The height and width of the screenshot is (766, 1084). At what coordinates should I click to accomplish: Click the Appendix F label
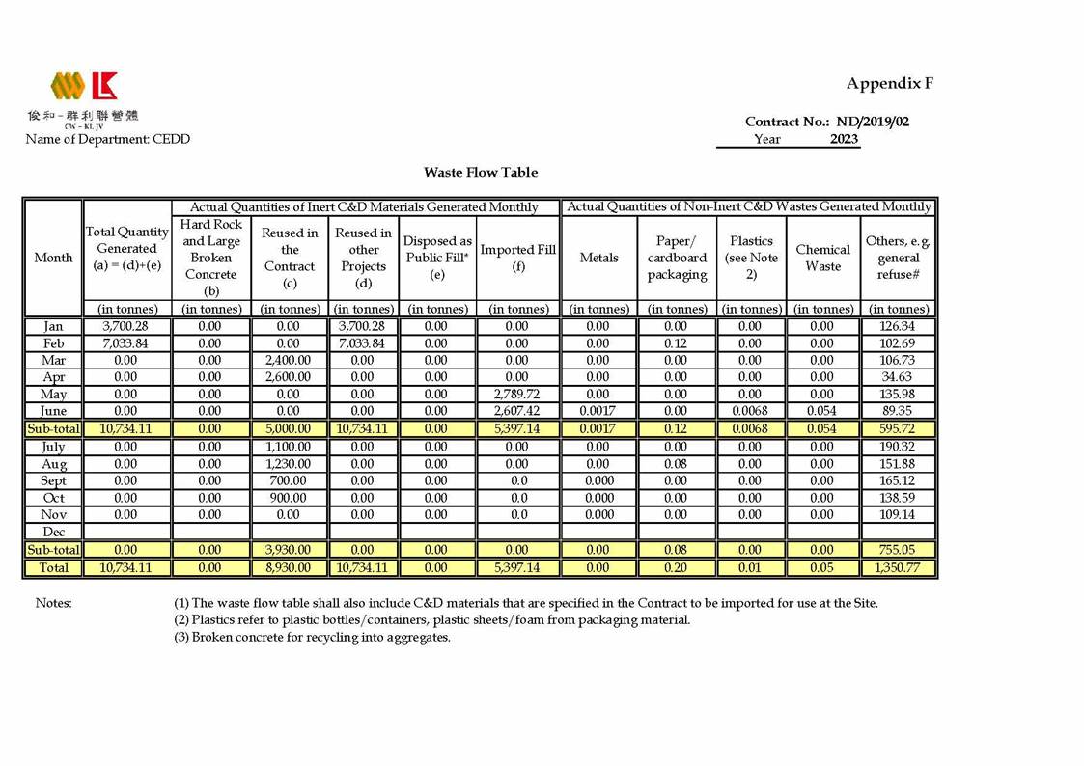pyautogui.click(x=889, y=83)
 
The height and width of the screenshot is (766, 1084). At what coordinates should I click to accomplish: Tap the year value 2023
pyautogui.click(x=844, y=139)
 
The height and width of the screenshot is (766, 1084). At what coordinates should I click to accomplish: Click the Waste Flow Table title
pyautogui.click(x=481, y=172)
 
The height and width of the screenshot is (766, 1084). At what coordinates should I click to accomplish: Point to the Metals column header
pyautogui.click(x=598, y=258)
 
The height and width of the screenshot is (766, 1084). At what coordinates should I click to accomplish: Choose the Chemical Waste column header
pyautogui.click(x=822, y=258)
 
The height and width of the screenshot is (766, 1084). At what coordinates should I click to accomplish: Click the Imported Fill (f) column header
pyautogui.click(x=517, y=258)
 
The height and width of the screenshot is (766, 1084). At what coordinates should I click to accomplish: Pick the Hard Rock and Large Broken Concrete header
pyautogui.click(x=210, y=257)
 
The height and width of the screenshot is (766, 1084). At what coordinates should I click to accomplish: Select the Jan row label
pyautogui.click(x=54, y=327)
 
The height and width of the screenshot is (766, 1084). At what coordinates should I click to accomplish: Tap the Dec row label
pyautogui.click(x=54, y=532)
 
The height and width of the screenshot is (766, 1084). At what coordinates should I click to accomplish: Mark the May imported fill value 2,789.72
pyautogui.click(x=517, y=395)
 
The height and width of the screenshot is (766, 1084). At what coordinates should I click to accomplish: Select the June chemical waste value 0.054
pyautogui.click(x=822, y=411)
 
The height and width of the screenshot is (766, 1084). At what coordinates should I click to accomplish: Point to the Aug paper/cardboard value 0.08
pyautogui.click(x=676, y=464)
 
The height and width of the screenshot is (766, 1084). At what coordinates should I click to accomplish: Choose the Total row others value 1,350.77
pyautogui.click(x=899, y=568)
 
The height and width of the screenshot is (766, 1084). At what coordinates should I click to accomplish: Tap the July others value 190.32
pyautogui.click(x=899, y=447)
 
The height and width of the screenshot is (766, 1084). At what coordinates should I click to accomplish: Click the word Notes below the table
pyautogui.click(x=54, y=603)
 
